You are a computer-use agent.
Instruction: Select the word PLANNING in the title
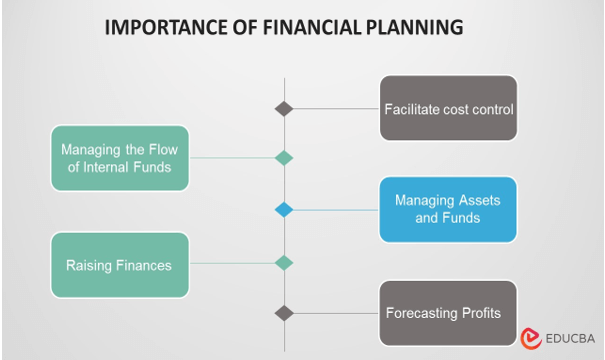414,28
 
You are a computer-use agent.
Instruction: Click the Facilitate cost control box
448,108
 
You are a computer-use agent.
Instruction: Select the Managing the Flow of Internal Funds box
120,158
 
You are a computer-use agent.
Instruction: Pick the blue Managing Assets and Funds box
448,209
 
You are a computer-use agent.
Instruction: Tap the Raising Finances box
120,265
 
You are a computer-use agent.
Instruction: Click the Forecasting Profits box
448,313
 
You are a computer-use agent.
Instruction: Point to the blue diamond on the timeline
284,210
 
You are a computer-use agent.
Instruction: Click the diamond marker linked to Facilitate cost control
284,108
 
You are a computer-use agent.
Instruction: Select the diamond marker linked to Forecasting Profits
284,313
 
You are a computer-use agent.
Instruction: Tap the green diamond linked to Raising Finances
284,263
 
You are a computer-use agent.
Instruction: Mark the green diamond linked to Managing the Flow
284,157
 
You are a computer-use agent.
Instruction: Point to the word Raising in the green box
90,265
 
